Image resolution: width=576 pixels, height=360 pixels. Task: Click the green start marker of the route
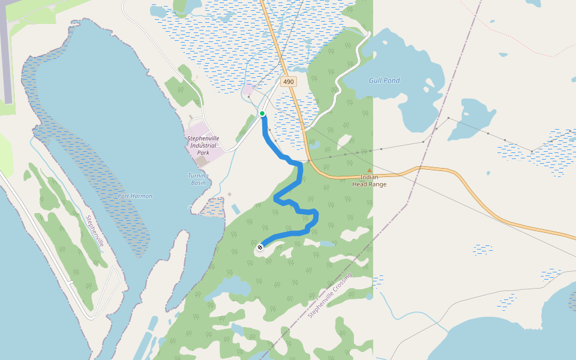point(262,113)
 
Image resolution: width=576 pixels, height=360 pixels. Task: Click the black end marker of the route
point(260,247)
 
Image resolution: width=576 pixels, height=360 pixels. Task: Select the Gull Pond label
point(384,80)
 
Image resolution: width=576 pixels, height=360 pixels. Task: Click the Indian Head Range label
point(369,181)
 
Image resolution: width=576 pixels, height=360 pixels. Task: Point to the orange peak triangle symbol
point(369,171)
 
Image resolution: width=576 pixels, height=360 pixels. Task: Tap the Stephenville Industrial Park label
point(203,145)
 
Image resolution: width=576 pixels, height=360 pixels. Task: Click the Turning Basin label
point(198,179)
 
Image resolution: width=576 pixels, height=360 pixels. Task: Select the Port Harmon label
point(135,196)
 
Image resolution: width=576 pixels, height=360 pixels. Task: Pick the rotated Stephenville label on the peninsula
point(95,231)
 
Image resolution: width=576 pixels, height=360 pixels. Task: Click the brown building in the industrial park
point(202,161)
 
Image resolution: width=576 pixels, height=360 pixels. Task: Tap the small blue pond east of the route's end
point(326,244)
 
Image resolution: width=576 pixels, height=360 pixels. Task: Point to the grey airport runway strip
point(6,54)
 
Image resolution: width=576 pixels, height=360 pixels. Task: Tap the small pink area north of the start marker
point(247,91)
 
